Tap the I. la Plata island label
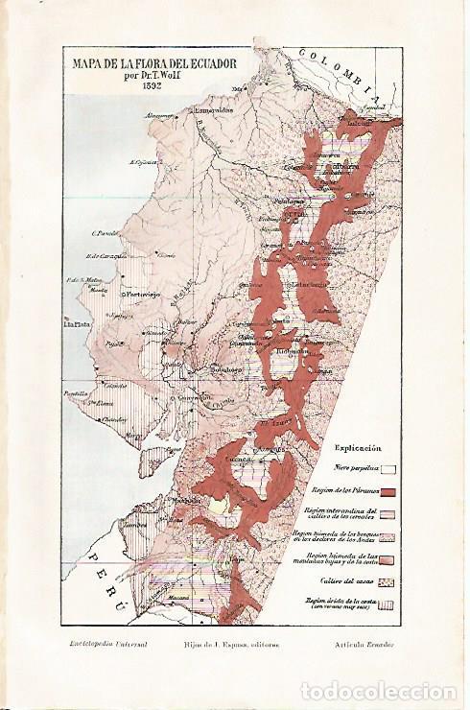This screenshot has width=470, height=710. (76, 324)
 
